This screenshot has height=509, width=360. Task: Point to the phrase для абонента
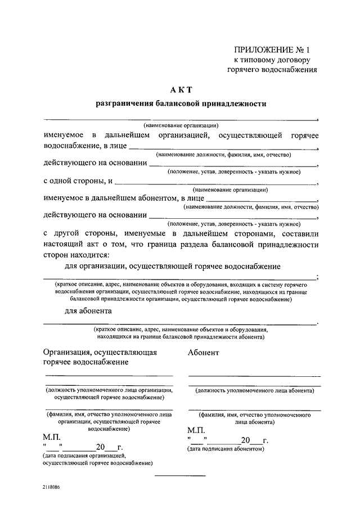coord(88,310)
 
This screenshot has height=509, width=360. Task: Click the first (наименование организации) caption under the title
coord(181,125)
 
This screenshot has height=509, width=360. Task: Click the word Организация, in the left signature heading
coord(68,352)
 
